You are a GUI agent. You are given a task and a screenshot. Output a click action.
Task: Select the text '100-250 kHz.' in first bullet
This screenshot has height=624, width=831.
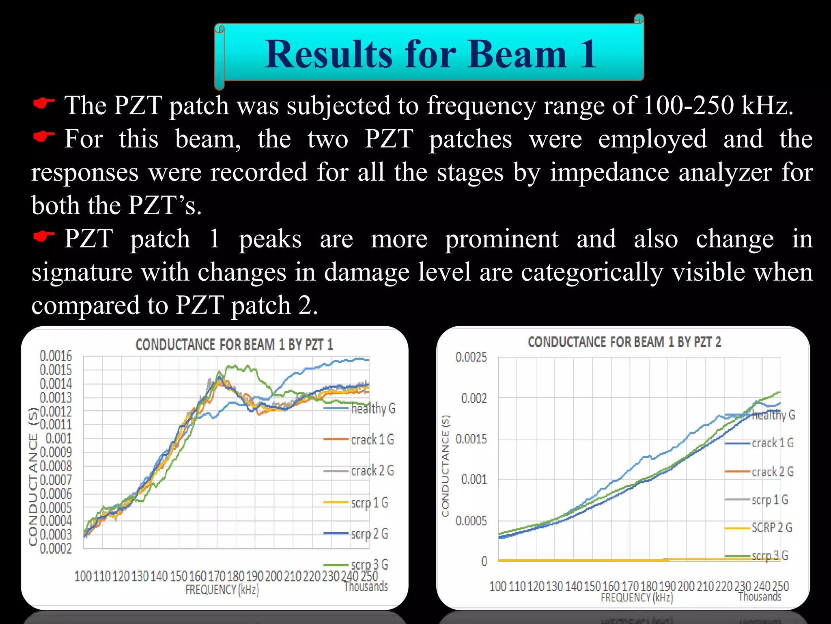pos(718,106)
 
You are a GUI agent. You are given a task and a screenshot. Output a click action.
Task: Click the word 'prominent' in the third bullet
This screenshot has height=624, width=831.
pos(502,239)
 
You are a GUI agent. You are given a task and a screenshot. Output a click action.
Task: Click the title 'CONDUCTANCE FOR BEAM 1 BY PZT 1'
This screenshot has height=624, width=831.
pos(234,345)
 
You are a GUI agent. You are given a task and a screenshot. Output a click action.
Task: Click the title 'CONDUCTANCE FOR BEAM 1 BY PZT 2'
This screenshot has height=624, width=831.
pos(624,342)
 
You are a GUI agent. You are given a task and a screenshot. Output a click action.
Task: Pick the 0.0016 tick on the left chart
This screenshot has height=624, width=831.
pos(56,356)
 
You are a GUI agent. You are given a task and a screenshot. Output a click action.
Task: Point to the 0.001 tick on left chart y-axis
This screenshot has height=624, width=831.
pos(58,439)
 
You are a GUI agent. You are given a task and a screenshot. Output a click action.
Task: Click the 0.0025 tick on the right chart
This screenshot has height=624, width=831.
pos(471,357)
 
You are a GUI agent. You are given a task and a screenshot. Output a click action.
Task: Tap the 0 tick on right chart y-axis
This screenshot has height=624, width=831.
pos(484,561)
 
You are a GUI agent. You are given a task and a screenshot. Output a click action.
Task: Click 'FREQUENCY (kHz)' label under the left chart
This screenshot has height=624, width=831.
pos(222,589)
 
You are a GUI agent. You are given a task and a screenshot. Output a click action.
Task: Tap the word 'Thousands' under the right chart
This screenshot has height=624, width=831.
pos(760,596)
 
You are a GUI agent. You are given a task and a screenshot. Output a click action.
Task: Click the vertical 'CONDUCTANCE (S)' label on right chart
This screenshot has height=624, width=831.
pos(446,466)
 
